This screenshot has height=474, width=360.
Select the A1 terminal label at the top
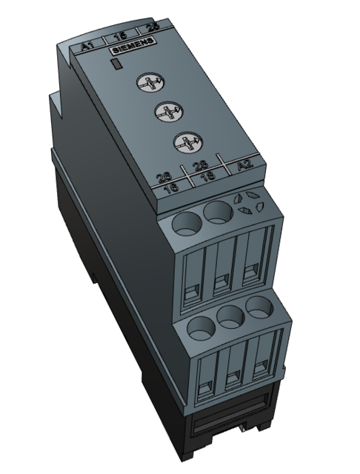(x=87, y=44)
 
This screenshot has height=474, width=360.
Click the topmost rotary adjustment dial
(x=147, y=84)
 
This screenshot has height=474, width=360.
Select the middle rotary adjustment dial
(x=164, y=113)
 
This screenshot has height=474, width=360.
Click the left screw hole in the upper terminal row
(x=184, y=221)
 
